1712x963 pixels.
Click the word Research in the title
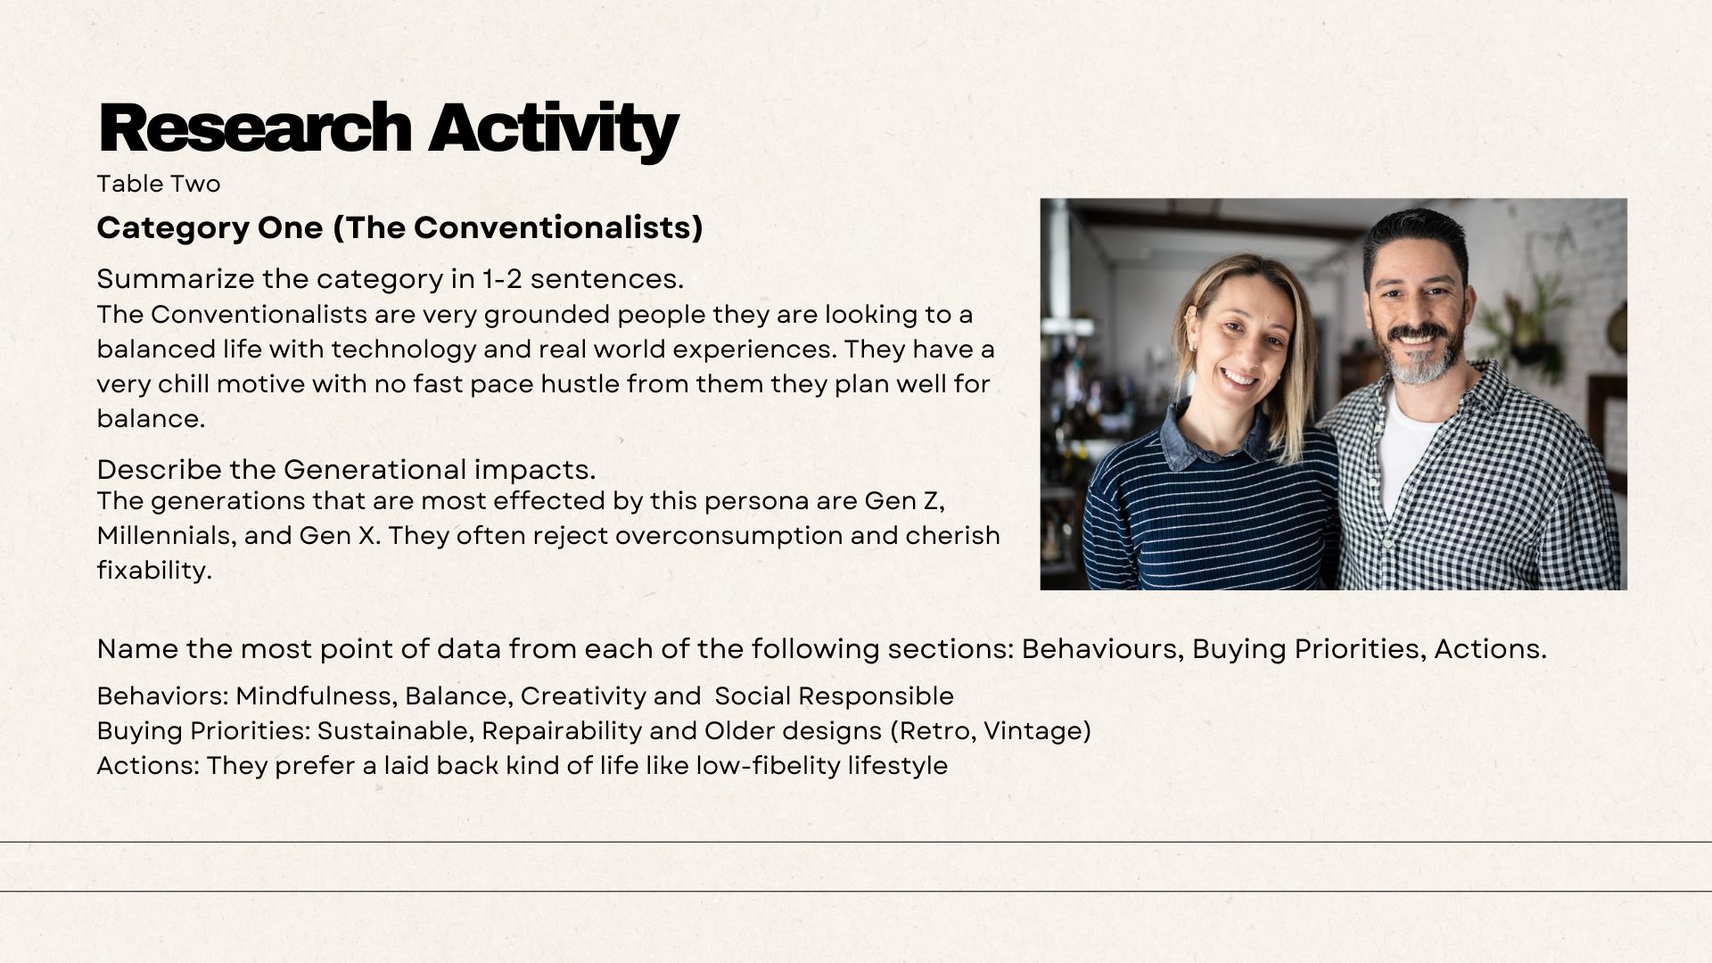click(x=255, y=128)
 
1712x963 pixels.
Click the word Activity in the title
click(x=553, y=131)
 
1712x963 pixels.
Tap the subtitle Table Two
click(x=159, y=184)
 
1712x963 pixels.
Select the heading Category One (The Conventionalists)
click(x=399, y=228)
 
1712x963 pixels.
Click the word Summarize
click(x=176, y=279)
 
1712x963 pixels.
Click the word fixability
click(x=154, y=571)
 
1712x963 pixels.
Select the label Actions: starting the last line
click(x=148, y=766)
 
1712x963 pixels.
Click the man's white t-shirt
click(x=1407, y=450)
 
